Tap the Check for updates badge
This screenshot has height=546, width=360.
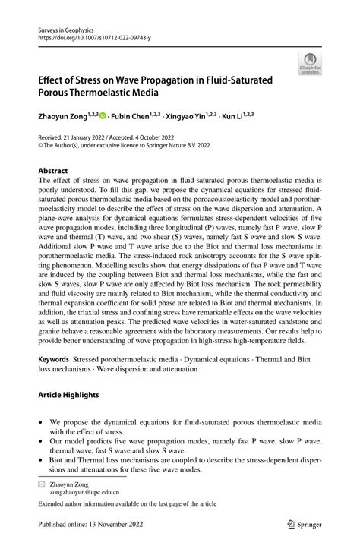[309, 63]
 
